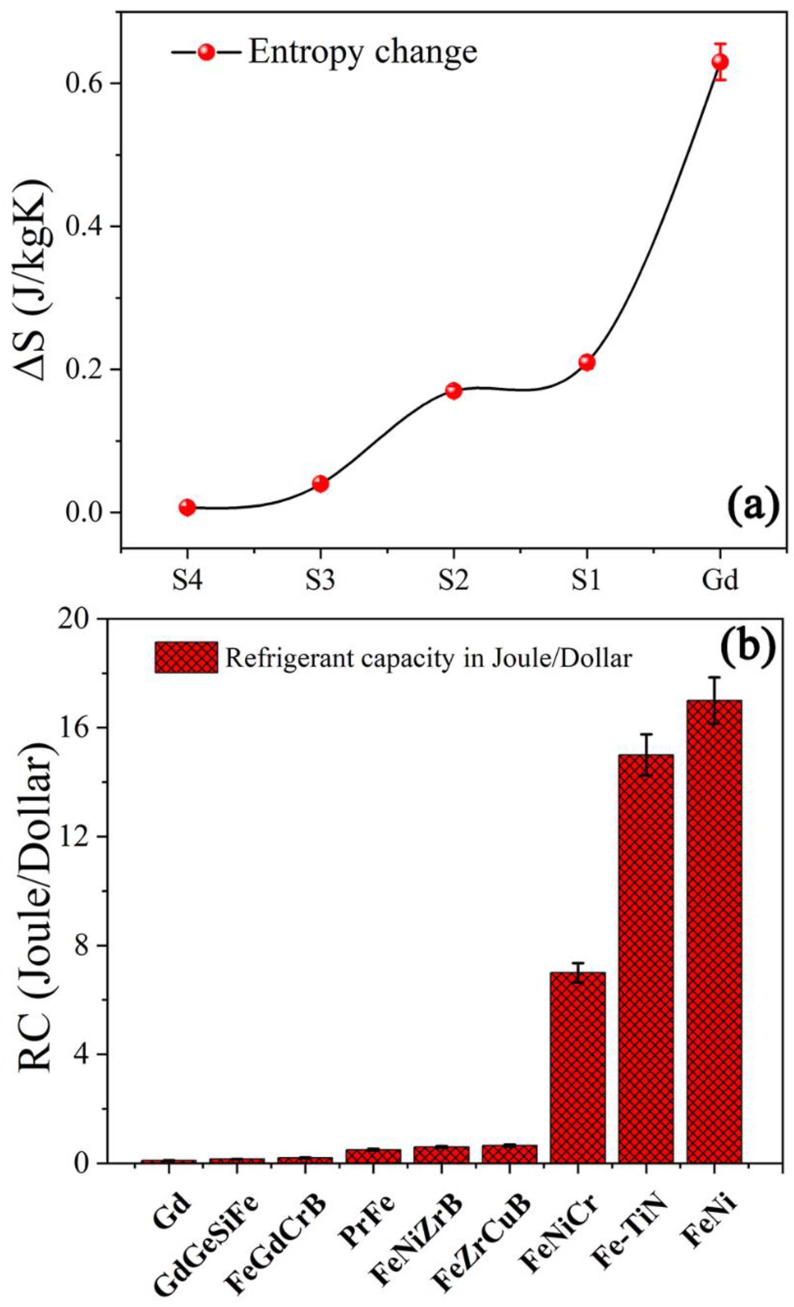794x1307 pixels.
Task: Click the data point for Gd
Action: click(719, 62)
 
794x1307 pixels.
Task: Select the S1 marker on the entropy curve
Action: click(586, 362)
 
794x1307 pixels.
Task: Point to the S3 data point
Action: click(320, 483)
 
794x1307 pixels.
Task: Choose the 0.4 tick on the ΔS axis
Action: click(85, 226)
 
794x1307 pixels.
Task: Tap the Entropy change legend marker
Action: click(206, 52)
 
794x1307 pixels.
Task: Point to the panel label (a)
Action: click(752, 507)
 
